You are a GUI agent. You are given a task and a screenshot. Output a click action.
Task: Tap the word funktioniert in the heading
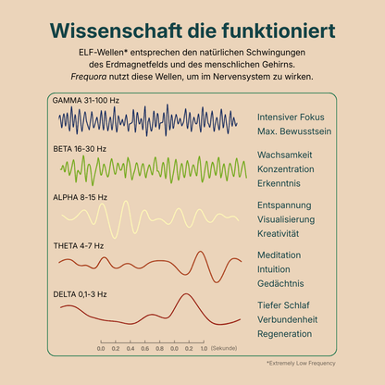coord(279,31)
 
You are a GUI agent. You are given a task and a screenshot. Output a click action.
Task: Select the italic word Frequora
coord(89,77)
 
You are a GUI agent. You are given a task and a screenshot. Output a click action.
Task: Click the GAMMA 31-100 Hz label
coord(86,101)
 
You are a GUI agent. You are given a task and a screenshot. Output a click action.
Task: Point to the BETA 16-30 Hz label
coord(80,149)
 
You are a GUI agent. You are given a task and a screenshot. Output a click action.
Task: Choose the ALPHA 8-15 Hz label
coord(80,197)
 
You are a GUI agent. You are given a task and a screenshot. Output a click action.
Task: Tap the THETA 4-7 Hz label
coord(79,246)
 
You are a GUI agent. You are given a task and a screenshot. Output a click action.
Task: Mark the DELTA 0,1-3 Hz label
coord(80,294)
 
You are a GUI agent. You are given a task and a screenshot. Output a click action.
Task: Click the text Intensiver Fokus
coord(291,118)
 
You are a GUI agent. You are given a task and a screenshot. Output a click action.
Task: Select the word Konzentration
coord(286,169)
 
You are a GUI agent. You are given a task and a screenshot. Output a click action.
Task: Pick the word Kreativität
coord(278,233)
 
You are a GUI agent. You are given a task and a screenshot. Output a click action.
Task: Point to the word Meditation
coord(279,255)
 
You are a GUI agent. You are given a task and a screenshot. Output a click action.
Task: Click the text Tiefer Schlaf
coord(283,305)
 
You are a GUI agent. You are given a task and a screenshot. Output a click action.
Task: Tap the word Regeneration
coord(284,334)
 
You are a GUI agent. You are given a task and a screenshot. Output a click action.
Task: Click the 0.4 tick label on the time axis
coord(130,349)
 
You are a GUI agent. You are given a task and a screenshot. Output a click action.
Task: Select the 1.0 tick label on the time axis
coord(204,349)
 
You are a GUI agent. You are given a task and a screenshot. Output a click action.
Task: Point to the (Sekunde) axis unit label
coord(224,348)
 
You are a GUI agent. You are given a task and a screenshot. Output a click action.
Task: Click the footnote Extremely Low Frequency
coord(301,364)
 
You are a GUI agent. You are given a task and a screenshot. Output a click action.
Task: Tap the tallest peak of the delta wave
coord(186,294)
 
